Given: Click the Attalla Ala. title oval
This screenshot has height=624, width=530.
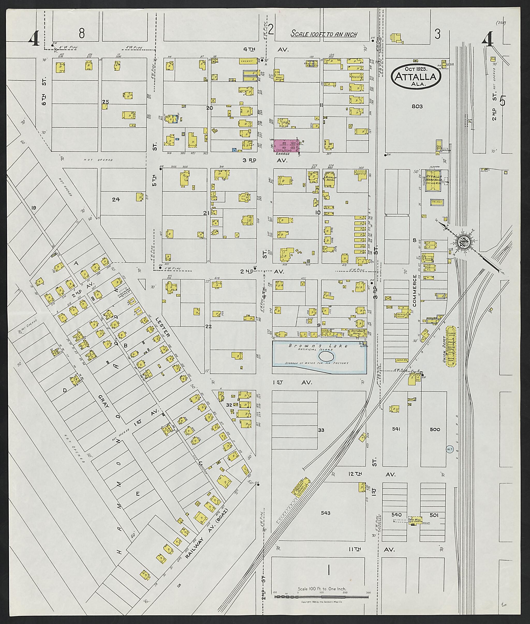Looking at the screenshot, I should click(x=416, y=76).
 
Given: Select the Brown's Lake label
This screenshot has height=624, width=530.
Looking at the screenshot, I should click(x=319, y=346).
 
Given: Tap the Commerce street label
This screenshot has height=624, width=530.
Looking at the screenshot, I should click(x=415, y=290).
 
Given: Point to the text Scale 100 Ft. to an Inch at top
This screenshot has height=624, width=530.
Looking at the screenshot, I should click(x=324, y=34).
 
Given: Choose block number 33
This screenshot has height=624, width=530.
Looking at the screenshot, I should click(x=321, y=430).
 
